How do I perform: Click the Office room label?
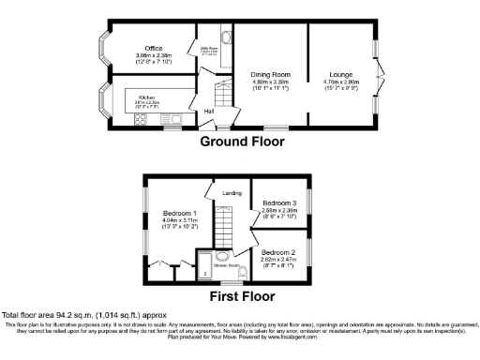[153, 48]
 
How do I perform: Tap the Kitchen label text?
[146, 97]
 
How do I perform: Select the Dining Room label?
[269, 73]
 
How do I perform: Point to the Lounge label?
[340, 73]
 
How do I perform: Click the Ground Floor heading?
[242, 142]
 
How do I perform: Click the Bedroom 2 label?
[279, 253]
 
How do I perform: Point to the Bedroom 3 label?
[279, 202]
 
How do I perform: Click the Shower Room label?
[229, 264]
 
